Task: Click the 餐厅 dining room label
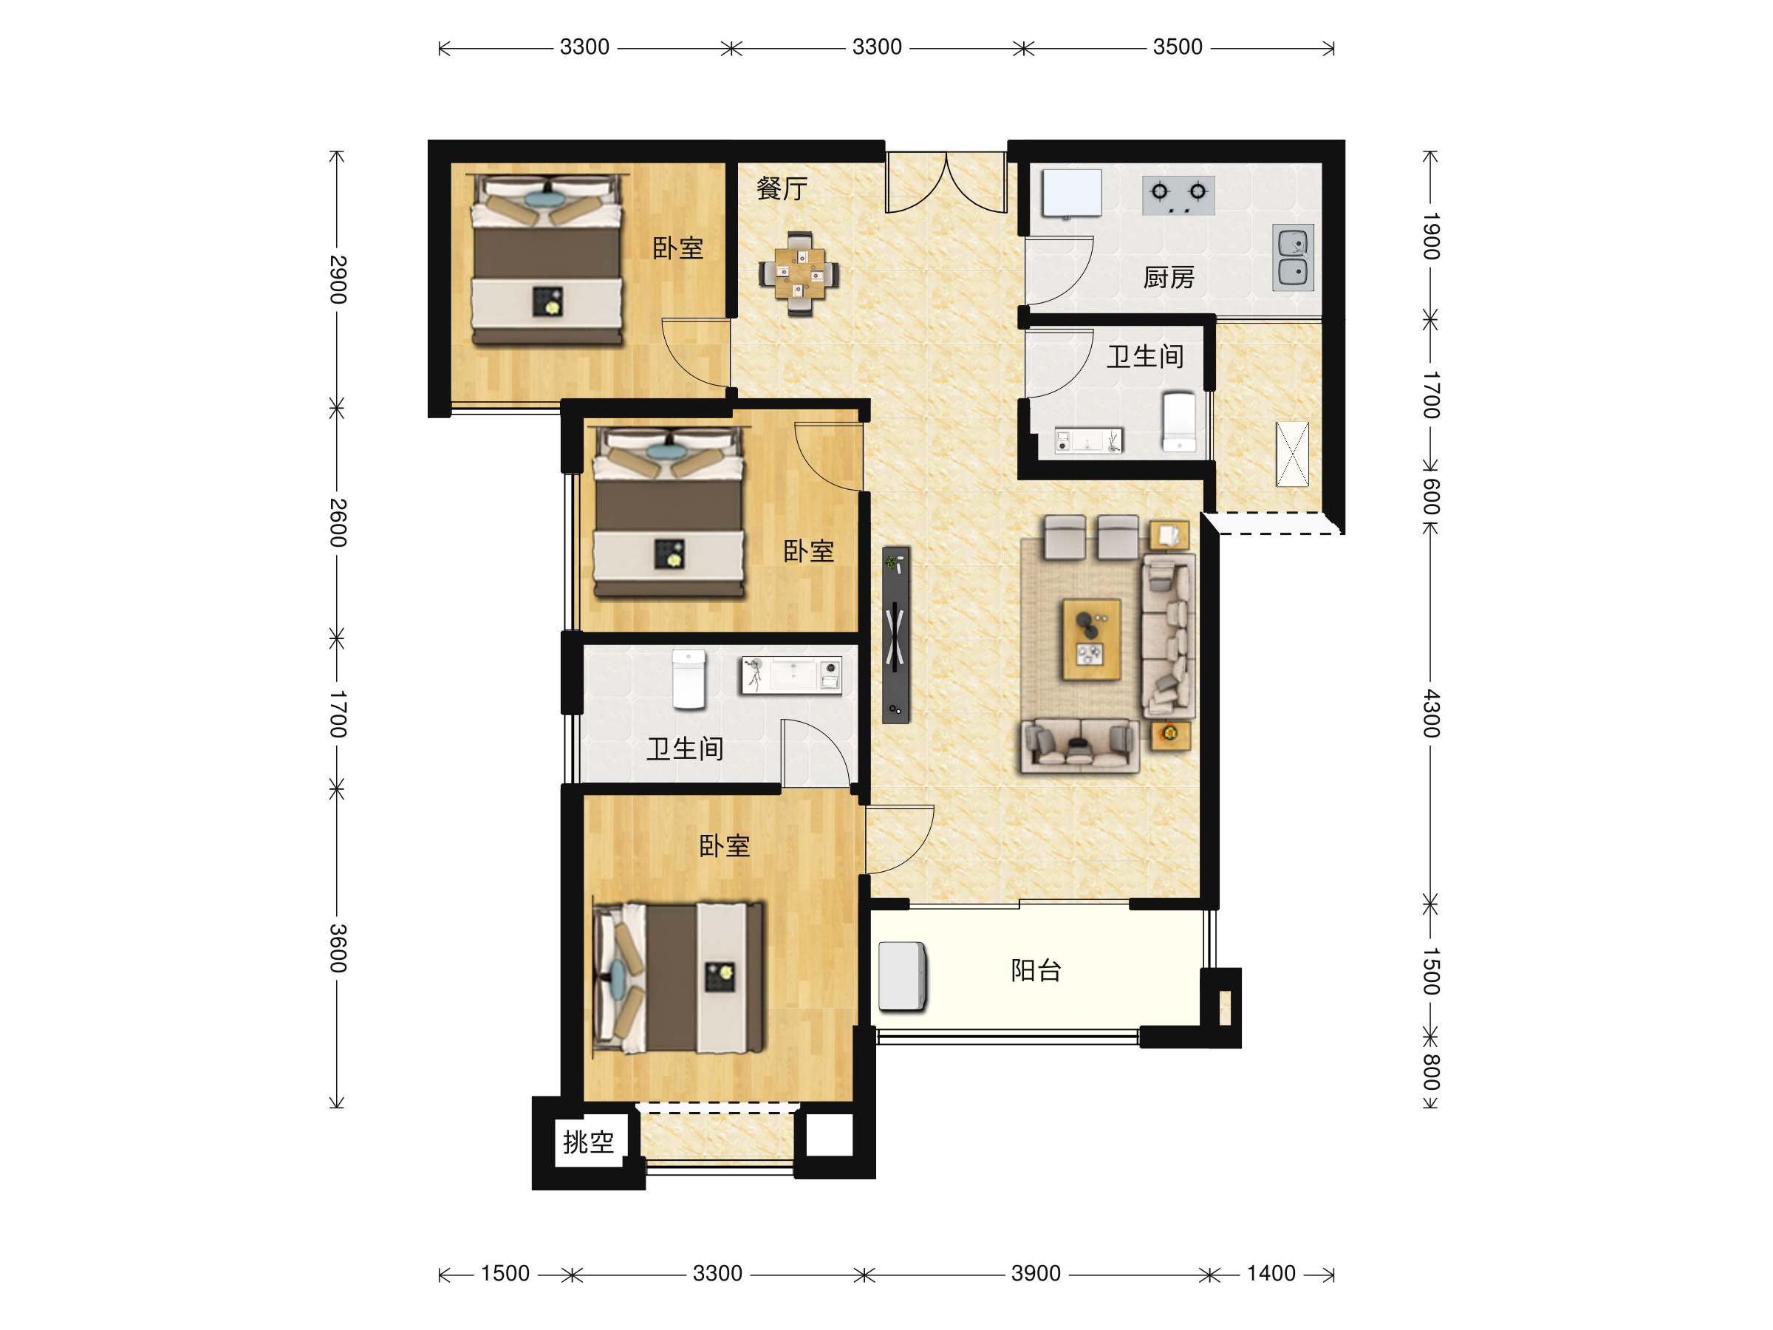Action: pyautogui.click(x=782, y=189)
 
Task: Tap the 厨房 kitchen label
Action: pyautogui.click(x=1169, y=278)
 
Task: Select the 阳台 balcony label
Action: pyautogui.click(x=1036, y=971)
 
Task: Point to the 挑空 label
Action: pyautogui.click(x=588, y=1142)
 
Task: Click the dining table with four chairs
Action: pyautogui.click(x=799, y=274)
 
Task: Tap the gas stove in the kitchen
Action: pyautogui.click(x=1178, y=196)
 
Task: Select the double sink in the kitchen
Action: pyautogui.click(x=1293, y=257)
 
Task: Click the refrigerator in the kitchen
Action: pyautogui.click(x=1072, y=193)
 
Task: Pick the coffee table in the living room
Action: pyautogui.click(x=1091, y=639)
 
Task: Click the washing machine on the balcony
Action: pyautogui.click(x=903, y=977)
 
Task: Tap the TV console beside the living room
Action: pyautogui.click(x=895, y=635)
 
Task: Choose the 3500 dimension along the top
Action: pyautogui.click(x=1178, y=47)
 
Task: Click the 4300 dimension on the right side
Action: pyautogui.click(x=1431, y=714)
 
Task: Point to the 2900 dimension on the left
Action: pyautogui.click(x=338, y=280)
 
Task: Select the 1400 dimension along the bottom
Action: pyautogui.click(x=1271, y=1273)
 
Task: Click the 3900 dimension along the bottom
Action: pyautogui.click(x=1036, y=1273)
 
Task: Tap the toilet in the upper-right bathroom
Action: pyautogui.click(x=1179, y=422)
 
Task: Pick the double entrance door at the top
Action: pyautogui.click(x=946, y=183)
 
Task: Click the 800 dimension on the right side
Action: pyautogui.click(x=1431, y=1073)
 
